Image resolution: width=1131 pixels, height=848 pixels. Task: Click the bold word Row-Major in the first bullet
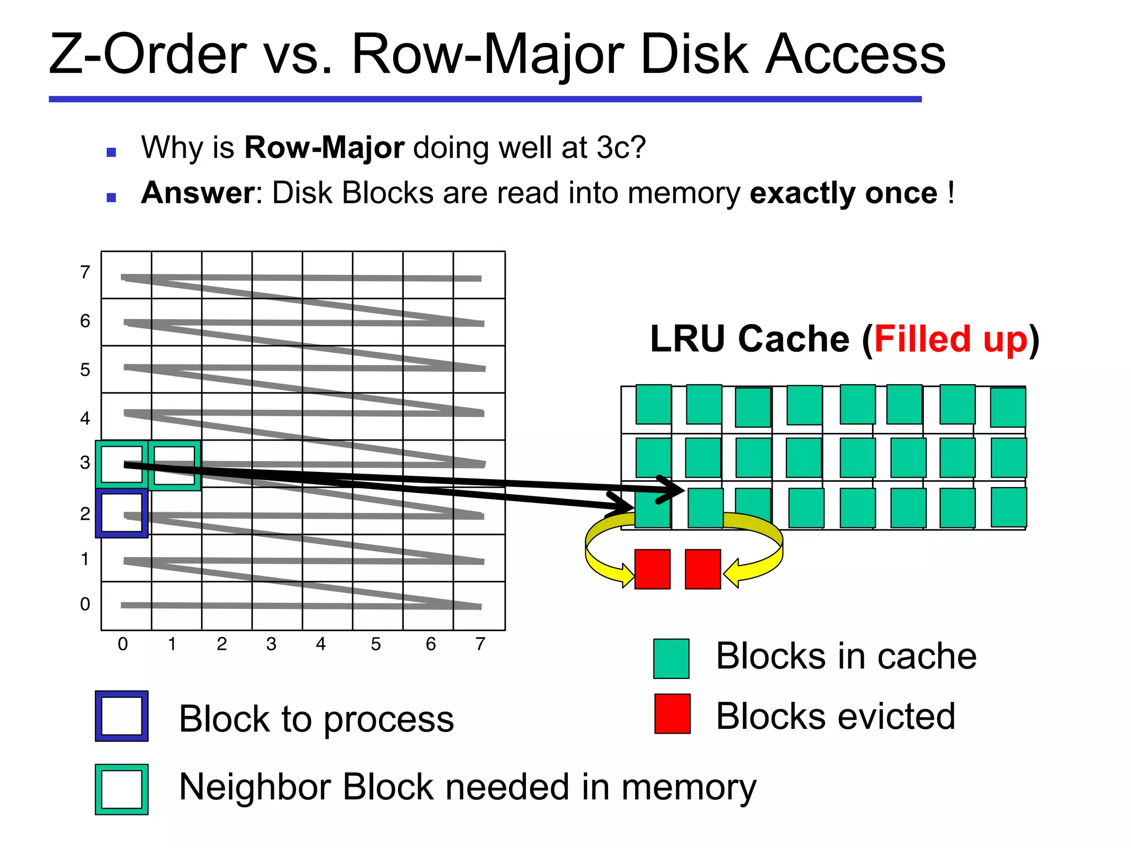[x=324, y=148]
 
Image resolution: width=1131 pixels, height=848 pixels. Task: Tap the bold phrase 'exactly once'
[x=843, y=193]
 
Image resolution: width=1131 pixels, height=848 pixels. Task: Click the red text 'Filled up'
[x=950, y=339]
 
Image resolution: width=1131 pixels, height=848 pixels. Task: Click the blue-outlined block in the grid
[x=121, y=513]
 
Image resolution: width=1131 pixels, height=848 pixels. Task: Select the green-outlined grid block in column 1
[x=174, y=465]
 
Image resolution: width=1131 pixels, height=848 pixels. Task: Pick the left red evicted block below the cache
[x=652, y=569]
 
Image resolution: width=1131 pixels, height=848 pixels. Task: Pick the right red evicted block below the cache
[x=702, y=569]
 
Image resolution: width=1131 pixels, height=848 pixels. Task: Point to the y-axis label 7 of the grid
[x=85, y=272]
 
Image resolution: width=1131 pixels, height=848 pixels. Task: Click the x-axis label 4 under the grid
[x=321, y=644]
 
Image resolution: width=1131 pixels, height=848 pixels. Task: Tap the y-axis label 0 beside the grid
[x=85, y=604]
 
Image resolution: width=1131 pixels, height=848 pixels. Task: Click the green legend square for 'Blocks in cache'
[x=671, y=659]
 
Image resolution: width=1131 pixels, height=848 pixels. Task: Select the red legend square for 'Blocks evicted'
[x=672, y=714]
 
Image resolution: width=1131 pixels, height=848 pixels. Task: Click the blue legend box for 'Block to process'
[x=121, y=716]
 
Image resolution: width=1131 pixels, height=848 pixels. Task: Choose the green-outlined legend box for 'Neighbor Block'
[x=121, y=789]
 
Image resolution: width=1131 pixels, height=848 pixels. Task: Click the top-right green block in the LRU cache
[x=1008, y=407]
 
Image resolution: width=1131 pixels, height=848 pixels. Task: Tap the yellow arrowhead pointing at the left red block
[x=628, y=575]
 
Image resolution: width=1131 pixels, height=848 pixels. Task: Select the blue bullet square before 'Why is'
[x=112, y=152]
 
